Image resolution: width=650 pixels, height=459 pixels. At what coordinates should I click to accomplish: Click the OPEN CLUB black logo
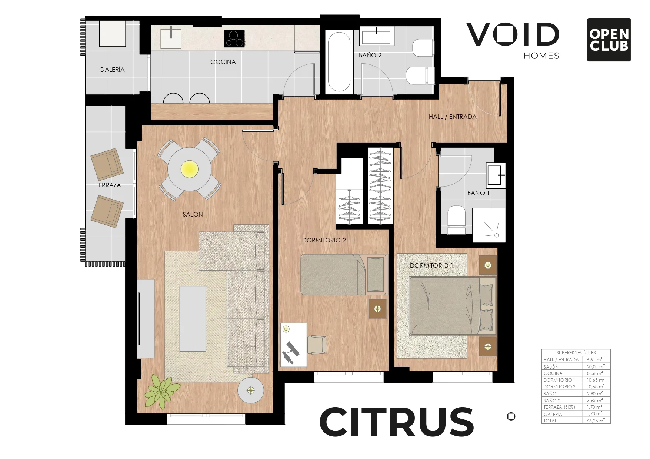[x=609, y=40]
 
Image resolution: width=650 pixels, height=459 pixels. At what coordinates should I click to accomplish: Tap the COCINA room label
[x=223, y=62]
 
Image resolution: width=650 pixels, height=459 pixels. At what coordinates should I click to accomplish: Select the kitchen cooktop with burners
[x=234, y=38]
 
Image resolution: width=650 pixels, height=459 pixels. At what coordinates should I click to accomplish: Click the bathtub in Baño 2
[x=339, y=62]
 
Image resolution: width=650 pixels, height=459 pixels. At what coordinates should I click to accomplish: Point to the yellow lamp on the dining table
[x=189, y=170]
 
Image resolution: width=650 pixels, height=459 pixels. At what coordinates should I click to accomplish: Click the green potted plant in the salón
[x=161, y=391]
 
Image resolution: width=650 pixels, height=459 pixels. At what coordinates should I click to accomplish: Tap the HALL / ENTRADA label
[x=453, y=117]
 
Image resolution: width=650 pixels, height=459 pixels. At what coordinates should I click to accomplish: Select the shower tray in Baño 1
[x=489, y=225]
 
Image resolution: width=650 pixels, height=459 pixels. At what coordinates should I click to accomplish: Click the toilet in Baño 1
[x=456, y=220]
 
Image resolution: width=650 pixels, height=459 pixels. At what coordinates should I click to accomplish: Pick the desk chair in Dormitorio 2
[x=316, y=344]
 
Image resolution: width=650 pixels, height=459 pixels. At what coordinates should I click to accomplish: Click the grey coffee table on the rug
[x=193, y=318]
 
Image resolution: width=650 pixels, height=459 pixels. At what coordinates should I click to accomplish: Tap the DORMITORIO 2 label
[x=324, y=240]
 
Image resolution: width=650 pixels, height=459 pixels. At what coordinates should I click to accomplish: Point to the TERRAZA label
[x=108, y=185]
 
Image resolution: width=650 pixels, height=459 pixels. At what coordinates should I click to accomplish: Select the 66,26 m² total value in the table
[x=596, y=421]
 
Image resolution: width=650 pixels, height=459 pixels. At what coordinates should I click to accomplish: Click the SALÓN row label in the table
[x=551, y=367]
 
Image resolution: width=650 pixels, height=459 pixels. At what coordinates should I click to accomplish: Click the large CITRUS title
[x=396, y=422]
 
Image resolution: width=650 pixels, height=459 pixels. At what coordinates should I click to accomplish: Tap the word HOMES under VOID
[x=541, y=56]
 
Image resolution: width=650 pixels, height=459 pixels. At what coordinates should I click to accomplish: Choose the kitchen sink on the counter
[x=171, y=38]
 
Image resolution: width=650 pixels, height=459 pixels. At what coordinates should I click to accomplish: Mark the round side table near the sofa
[x=251, y=391]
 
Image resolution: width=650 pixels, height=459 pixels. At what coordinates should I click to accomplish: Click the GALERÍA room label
[x=112, y=70]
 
